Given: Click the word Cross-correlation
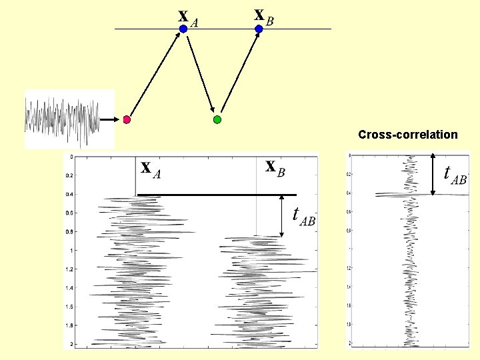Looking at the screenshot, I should (407, 135).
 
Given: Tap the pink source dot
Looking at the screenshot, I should (127, 120).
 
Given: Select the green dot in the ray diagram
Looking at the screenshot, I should (217, 120).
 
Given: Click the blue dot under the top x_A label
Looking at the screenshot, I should (183, 29).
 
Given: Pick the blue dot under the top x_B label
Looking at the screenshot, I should (259, 29).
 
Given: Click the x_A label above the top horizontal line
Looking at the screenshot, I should (188, 18).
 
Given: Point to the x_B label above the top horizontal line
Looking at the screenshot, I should (264, 16).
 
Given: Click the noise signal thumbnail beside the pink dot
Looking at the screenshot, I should (61, 119).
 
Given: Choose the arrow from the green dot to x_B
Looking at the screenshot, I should (239, 73).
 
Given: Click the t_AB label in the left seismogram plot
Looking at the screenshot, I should (304, 216).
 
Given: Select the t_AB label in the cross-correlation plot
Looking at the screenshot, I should (455, 173).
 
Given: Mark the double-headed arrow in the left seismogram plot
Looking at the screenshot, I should (282, 215).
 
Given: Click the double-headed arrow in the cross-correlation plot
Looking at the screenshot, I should (433, 175).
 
